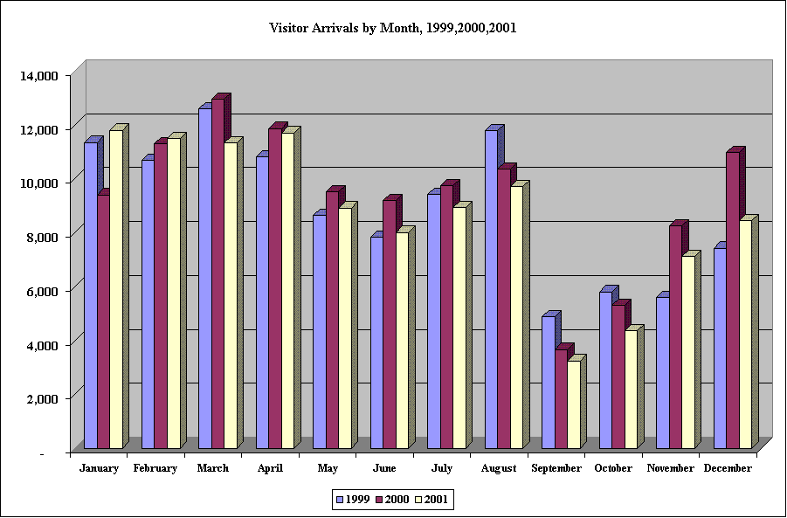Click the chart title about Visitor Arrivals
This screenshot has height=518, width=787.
[393, 28]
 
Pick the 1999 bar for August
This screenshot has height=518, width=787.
[491, 289]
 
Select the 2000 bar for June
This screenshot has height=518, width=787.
[389, 324]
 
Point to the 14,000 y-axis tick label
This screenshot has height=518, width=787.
[39, 76]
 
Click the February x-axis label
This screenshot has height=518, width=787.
[155, 468]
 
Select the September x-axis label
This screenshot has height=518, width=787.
[556, 468]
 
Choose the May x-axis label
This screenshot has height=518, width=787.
[328, 468]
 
